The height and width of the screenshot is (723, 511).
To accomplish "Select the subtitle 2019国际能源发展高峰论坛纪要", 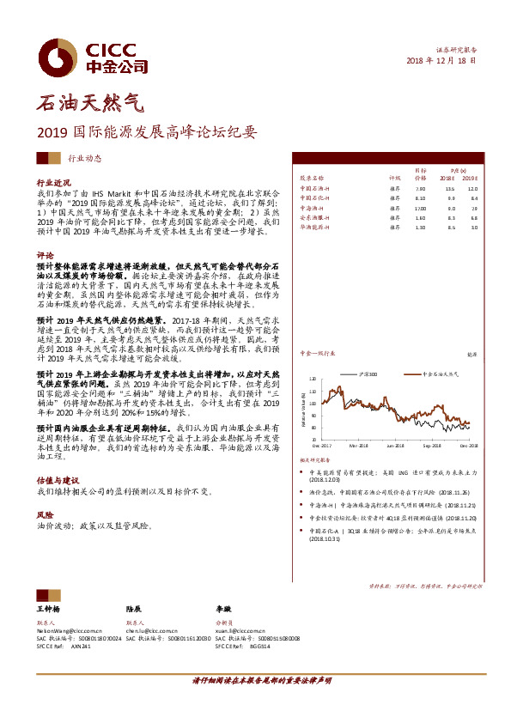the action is [146, 133].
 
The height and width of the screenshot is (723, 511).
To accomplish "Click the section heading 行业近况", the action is [53, 184].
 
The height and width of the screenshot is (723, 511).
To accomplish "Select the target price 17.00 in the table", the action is [421, 207].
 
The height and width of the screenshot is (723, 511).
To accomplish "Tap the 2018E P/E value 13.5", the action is [449, 187].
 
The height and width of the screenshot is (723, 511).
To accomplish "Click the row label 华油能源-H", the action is [315, 228].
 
